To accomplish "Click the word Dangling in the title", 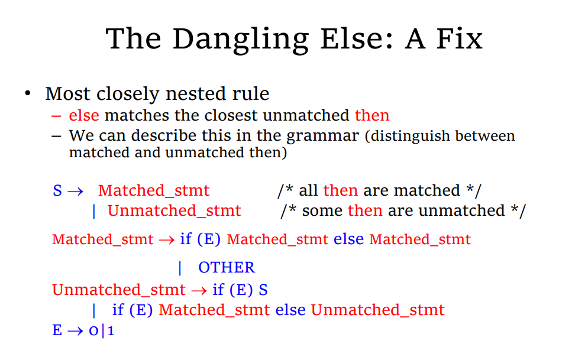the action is point(241,40).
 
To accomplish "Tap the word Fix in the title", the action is point(460,38).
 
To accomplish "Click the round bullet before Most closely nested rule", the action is point(28,93).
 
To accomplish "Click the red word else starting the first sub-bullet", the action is point(84,115).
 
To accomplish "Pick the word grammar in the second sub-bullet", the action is point(322,136).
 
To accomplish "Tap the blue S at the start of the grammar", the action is point(57,190).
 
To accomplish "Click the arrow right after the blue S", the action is point(76,191).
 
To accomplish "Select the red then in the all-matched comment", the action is point(340,190).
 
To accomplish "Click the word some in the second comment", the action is point(322,211).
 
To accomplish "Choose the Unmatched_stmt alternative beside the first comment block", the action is point(174,211).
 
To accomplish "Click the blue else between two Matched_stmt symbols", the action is point(349,239).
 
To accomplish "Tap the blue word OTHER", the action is point(227,267).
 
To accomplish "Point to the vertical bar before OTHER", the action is point(180,268).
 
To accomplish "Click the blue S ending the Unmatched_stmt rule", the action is point(263,290).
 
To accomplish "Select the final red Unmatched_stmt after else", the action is point(377,310).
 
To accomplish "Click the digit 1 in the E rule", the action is point(111,331).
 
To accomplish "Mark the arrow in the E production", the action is point(76,331).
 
